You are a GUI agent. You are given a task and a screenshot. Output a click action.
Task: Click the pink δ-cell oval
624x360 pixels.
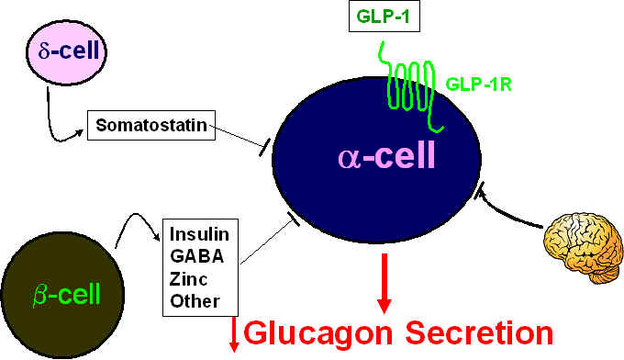point(66,52)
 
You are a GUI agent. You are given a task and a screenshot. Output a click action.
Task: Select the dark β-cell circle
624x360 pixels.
point(62,295)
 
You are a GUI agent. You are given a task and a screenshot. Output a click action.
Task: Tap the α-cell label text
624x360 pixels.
point(386,156)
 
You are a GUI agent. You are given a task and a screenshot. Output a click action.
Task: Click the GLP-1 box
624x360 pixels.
point(384,16)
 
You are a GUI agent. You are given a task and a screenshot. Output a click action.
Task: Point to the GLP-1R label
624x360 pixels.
point(478,84)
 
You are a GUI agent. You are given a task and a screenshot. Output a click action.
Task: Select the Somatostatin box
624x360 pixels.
point(151,126)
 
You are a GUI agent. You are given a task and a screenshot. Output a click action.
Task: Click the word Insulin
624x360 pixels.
point(199,234)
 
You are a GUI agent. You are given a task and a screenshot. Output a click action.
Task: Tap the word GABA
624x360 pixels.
point(197,256)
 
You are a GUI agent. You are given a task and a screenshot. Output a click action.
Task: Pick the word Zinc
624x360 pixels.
point(189,279)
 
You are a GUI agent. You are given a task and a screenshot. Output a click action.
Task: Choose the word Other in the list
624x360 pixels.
point(195,301)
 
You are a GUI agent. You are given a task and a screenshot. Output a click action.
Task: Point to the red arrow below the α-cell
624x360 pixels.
point(384,283)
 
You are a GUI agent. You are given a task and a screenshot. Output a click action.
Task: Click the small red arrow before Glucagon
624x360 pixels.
point(234,334)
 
